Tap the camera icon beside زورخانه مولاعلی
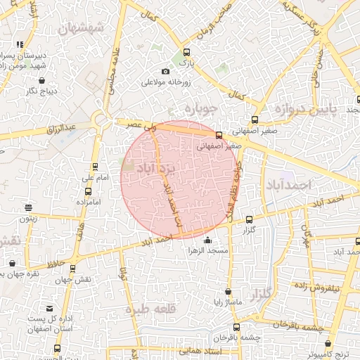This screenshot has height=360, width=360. [165, 71]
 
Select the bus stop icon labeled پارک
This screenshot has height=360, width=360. [186, 52]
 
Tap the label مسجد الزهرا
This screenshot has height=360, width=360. [206, 251]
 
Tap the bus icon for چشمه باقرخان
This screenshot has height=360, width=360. [236, 327]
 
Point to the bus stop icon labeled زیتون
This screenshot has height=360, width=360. [28, 207]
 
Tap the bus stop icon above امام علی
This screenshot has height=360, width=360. [95, 167]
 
